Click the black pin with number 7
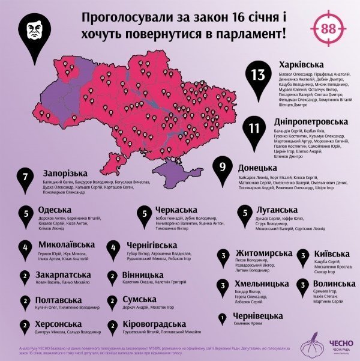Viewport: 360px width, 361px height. click(x=25, y=180)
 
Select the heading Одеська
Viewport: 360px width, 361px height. click(x=56, y=210)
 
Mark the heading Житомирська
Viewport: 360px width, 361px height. click(x=264, y=253)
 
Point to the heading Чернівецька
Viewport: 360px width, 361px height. click(x=259, y=315)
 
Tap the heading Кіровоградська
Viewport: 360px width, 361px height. click(x=153, y=325)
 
